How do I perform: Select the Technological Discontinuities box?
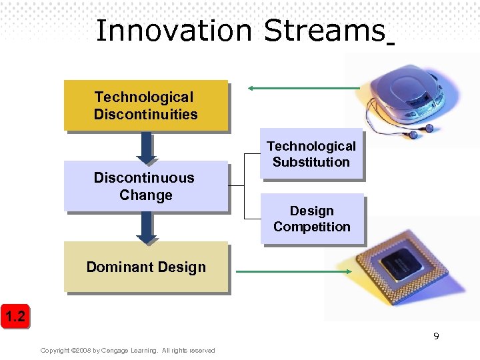145,105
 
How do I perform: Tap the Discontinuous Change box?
145,186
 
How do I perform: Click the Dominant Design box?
145,267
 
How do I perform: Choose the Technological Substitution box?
311,154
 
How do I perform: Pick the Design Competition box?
311,219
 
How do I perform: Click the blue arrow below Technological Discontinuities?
145,147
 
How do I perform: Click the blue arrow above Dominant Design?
145,229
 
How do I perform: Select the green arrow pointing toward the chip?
293,271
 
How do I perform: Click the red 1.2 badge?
15,317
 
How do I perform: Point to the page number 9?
436,336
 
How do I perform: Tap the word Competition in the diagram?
311,227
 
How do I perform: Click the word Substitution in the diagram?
311,162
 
